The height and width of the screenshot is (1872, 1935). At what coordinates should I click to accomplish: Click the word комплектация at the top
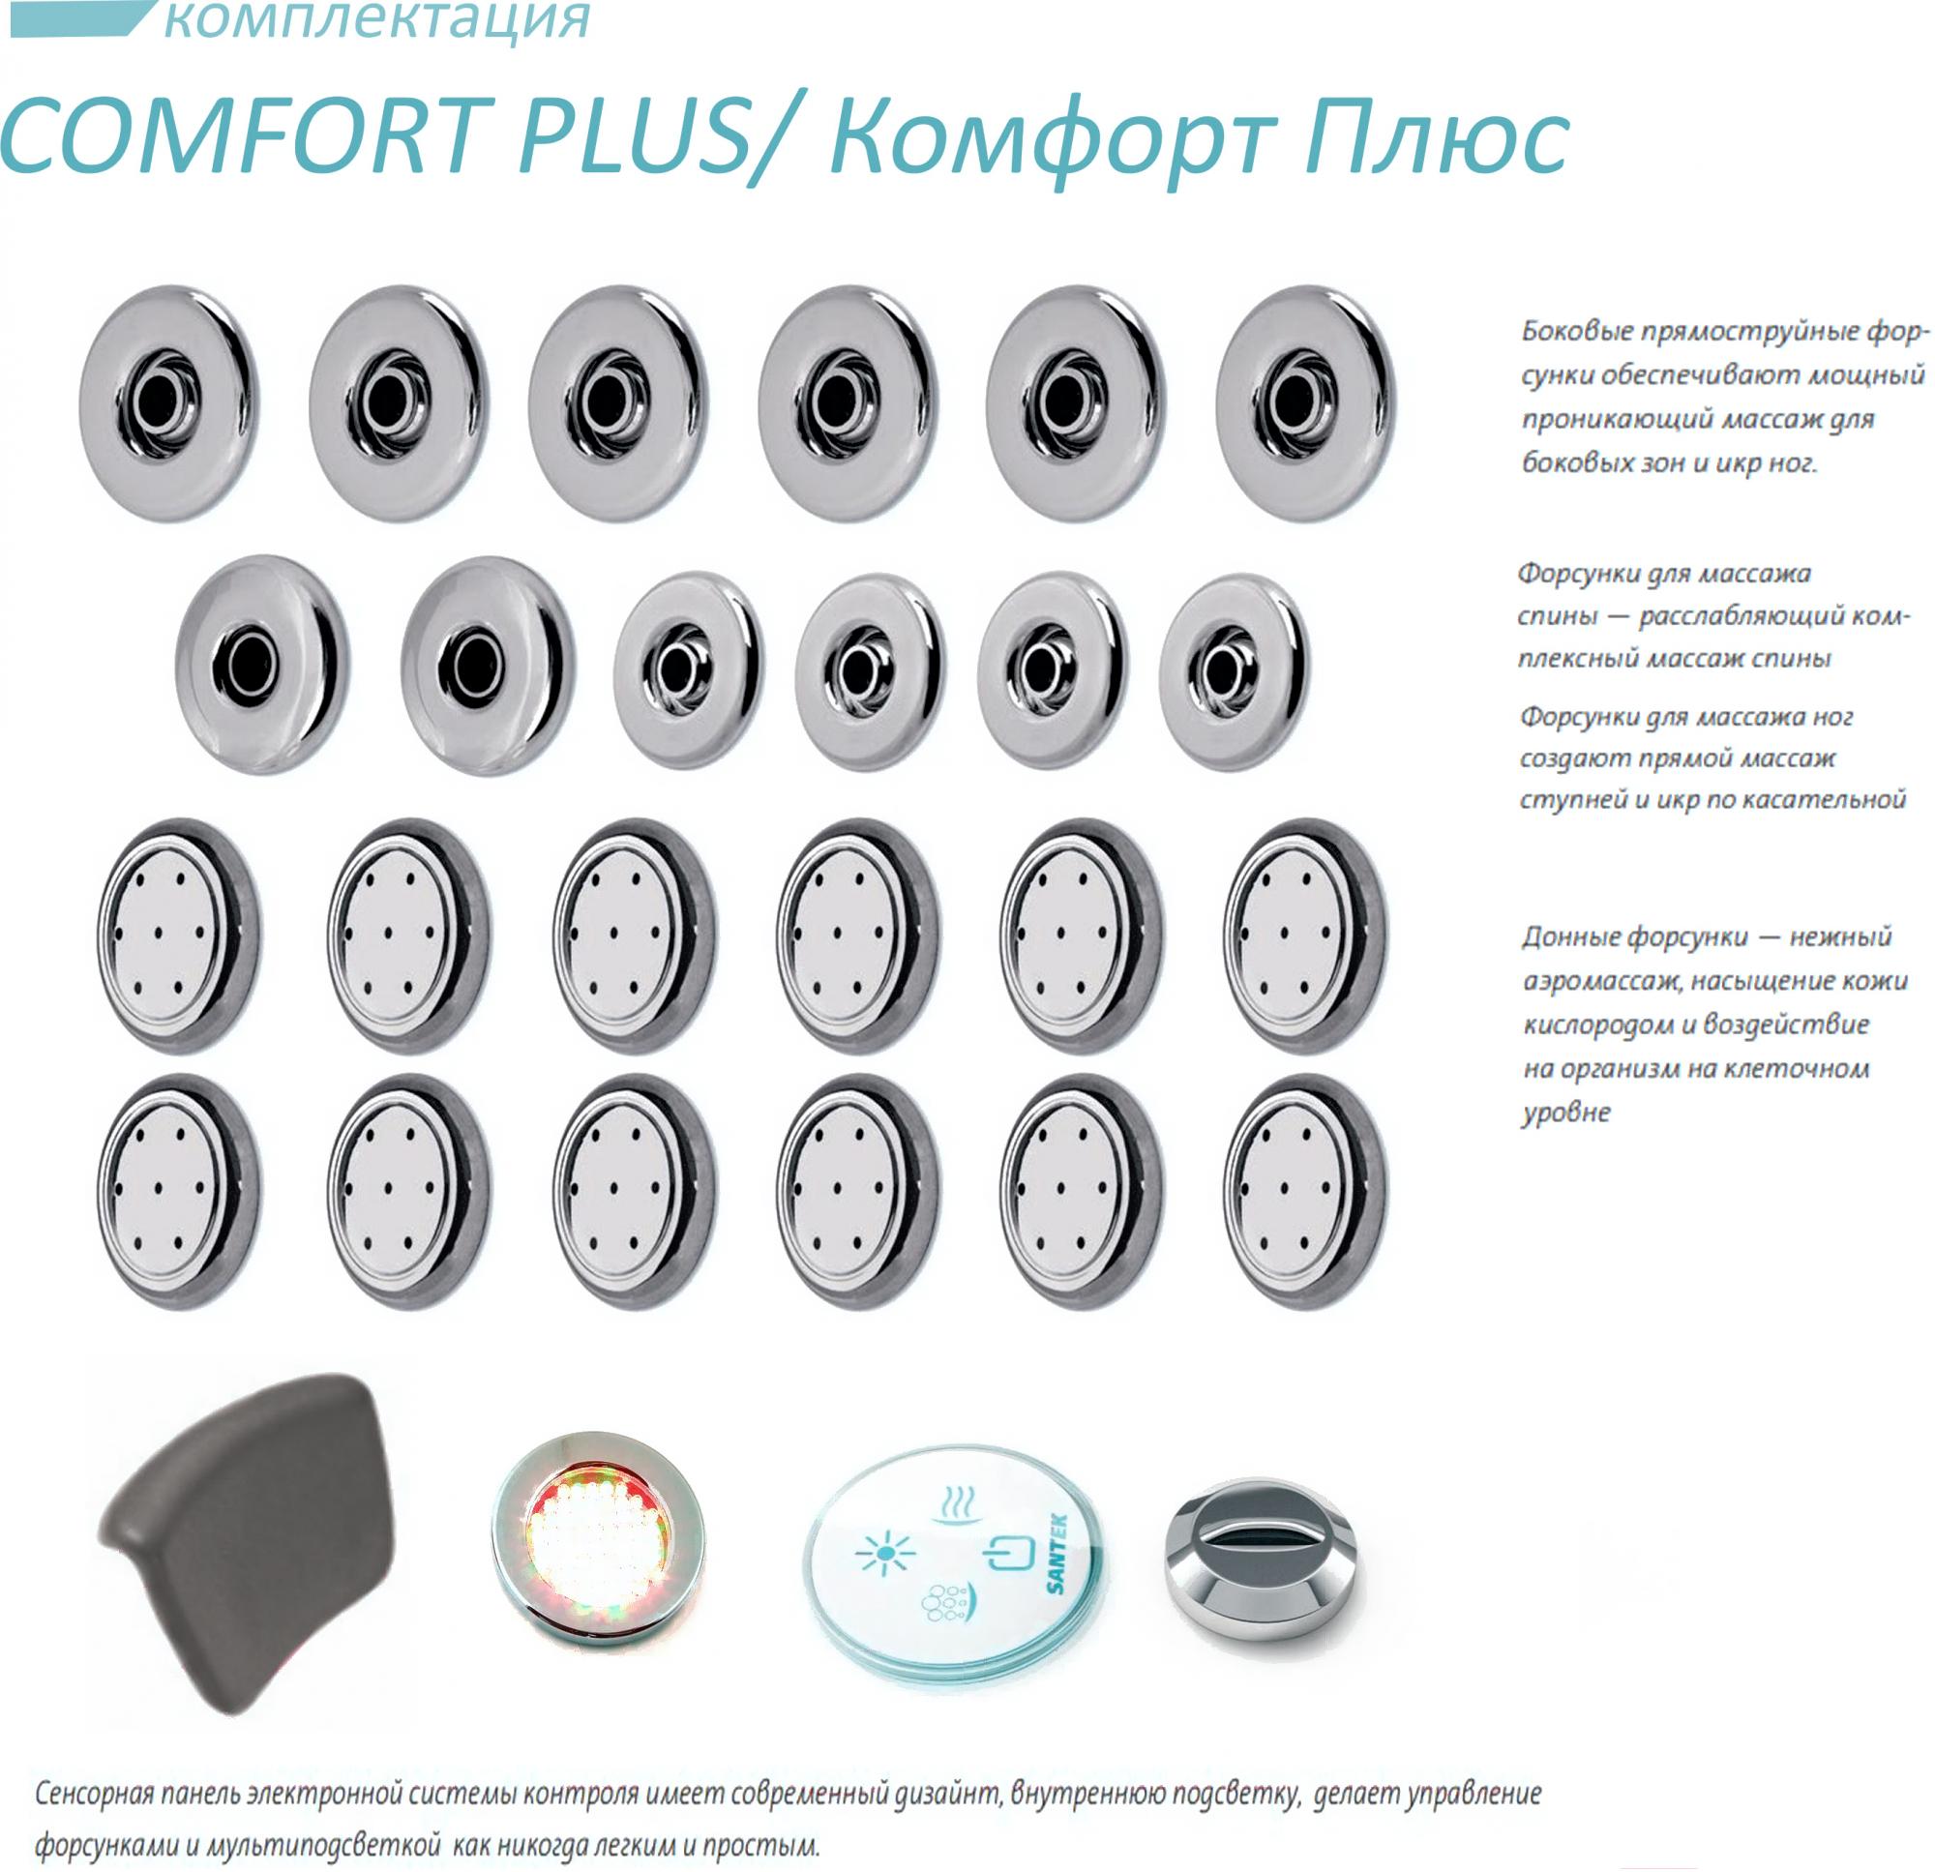click(x=377, y=19)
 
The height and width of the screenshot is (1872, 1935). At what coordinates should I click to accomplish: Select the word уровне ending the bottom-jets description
click(x=1565, y=1113)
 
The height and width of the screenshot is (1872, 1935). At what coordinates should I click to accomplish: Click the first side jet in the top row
click(x=167, y=404)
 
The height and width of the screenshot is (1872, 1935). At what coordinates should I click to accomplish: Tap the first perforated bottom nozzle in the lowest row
click(x=180, y=1191)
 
